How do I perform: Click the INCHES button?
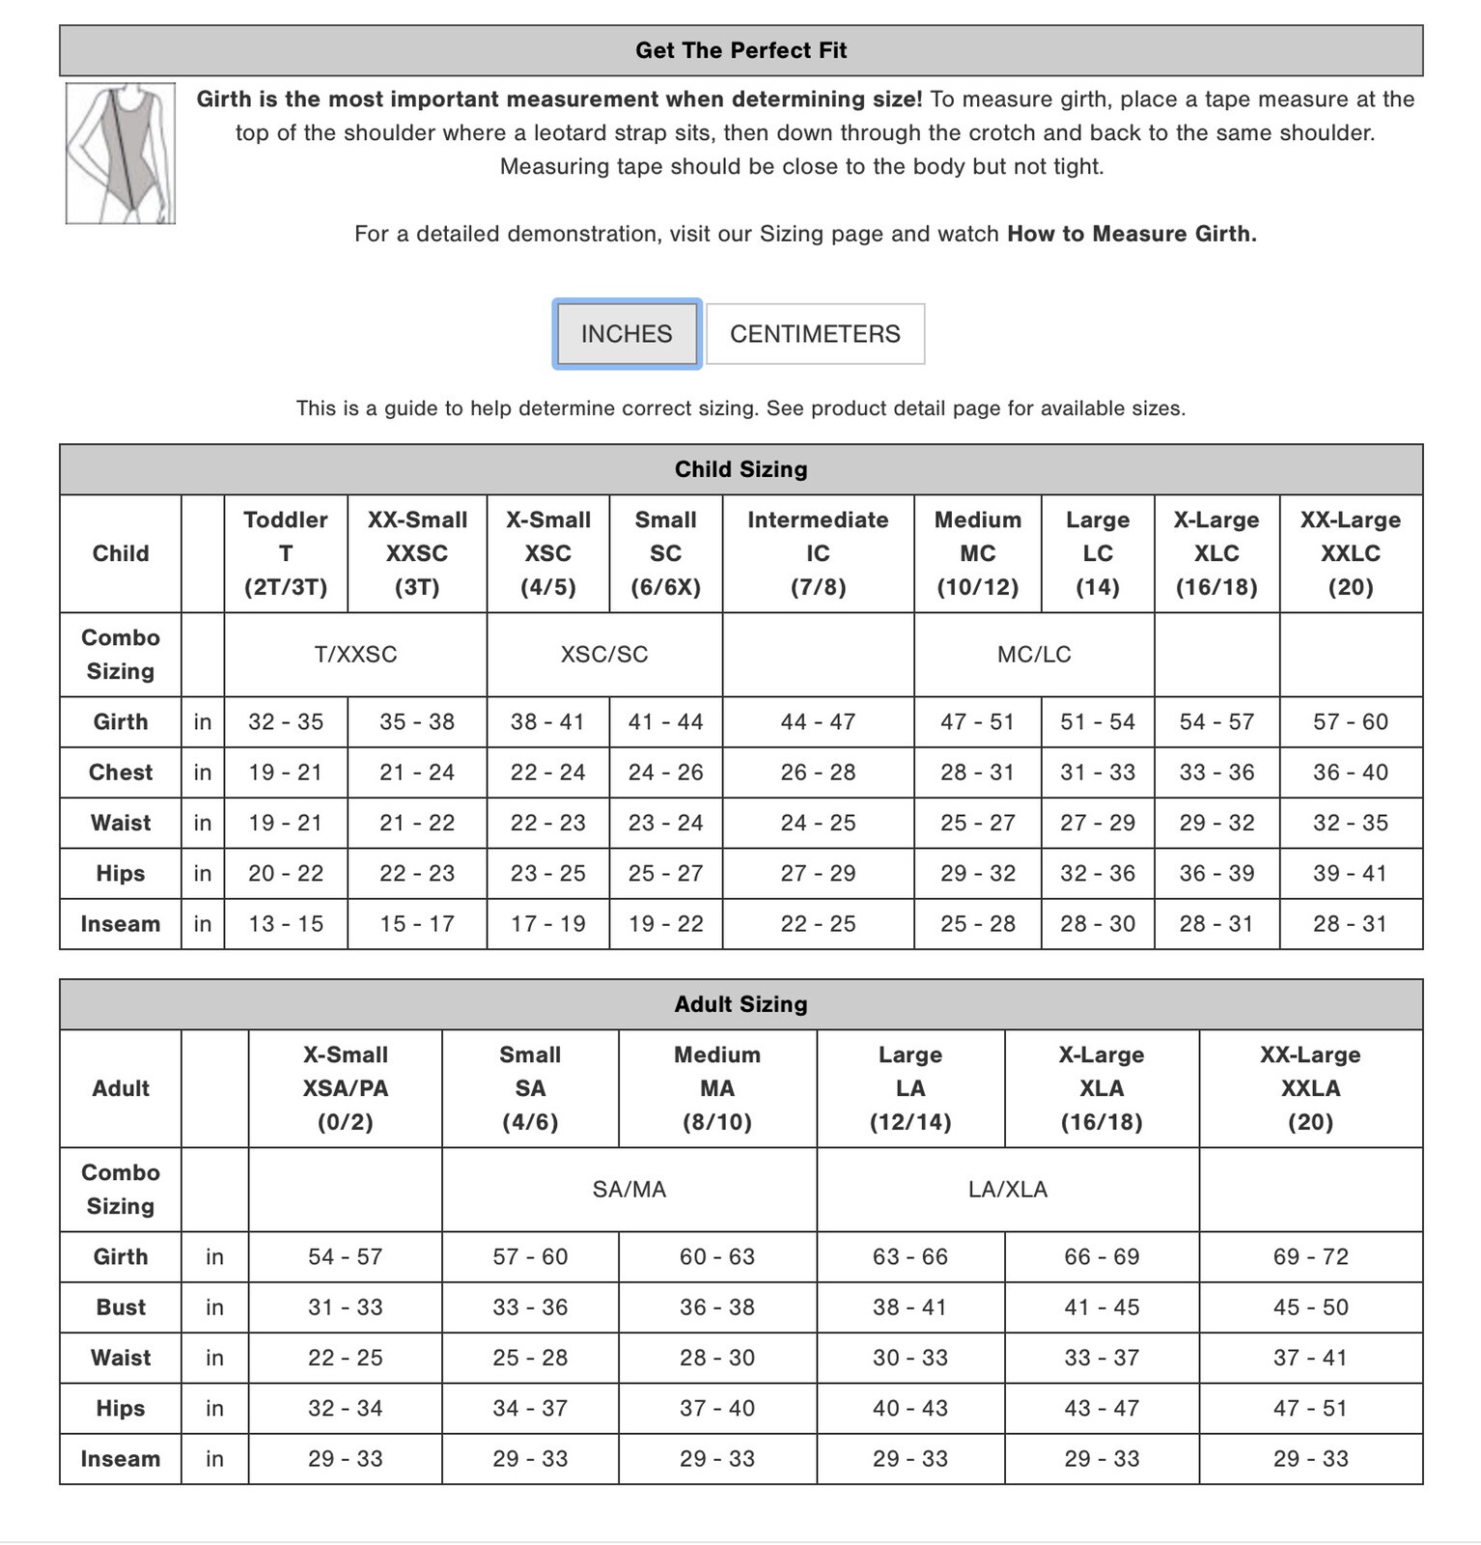point(627,334)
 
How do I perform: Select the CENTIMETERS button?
point(815,334)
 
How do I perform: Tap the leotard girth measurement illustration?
point(121,154)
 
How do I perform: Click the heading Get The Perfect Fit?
point(740,50)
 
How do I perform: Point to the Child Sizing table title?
point(740,469)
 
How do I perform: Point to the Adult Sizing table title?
point(740,1004)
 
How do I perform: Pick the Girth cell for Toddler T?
point(286,722)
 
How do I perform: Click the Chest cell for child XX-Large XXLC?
point(1350,772)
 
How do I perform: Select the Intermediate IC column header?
point(818,553)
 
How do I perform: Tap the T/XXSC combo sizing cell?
point(355,655)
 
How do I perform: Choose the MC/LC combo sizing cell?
point(1034,655)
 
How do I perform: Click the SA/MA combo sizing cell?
point(629,1190)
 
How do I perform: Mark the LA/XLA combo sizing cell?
point(1007,1190)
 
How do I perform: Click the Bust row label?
point(121,1307)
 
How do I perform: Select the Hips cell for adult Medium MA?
point(717,1408)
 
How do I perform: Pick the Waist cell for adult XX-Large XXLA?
point(1310,1358)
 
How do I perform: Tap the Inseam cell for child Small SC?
point(665,924)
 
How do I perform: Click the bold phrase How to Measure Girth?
point(1132,234)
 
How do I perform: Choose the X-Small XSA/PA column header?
point(345,1088)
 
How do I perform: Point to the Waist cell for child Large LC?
point(1097,823)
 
